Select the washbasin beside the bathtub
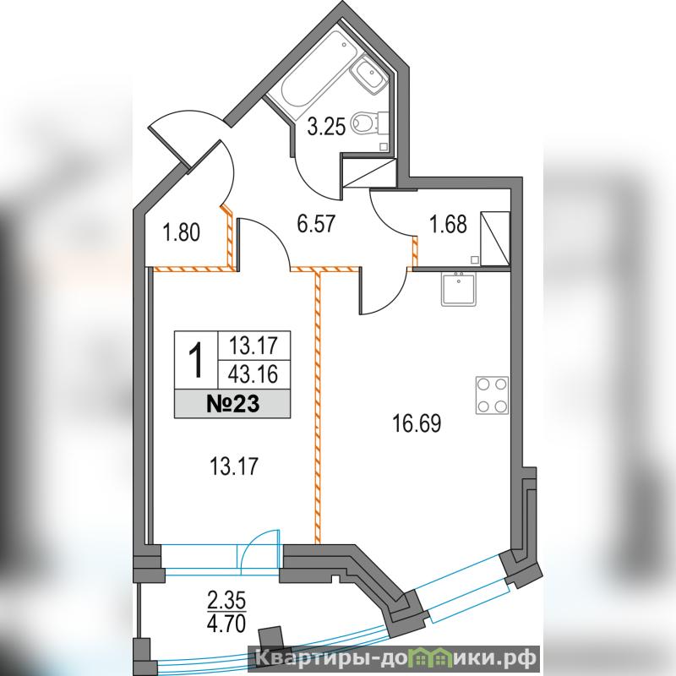pos(368,76)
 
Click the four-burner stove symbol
pos(492,395)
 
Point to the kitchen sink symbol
pos(459,289)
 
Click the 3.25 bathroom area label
pos(326,128)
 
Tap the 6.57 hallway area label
pos(316,225)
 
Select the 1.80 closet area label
pos(182,233)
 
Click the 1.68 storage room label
pos(449,225)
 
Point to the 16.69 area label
pos(417,423)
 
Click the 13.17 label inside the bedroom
pos(234,466)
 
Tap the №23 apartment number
pos(233,405)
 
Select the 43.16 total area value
pos(253,373)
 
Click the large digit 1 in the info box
pos(196,360)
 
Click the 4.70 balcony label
pos(226,623)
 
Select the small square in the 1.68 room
pos(474,259)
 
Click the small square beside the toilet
pos(384,146)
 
